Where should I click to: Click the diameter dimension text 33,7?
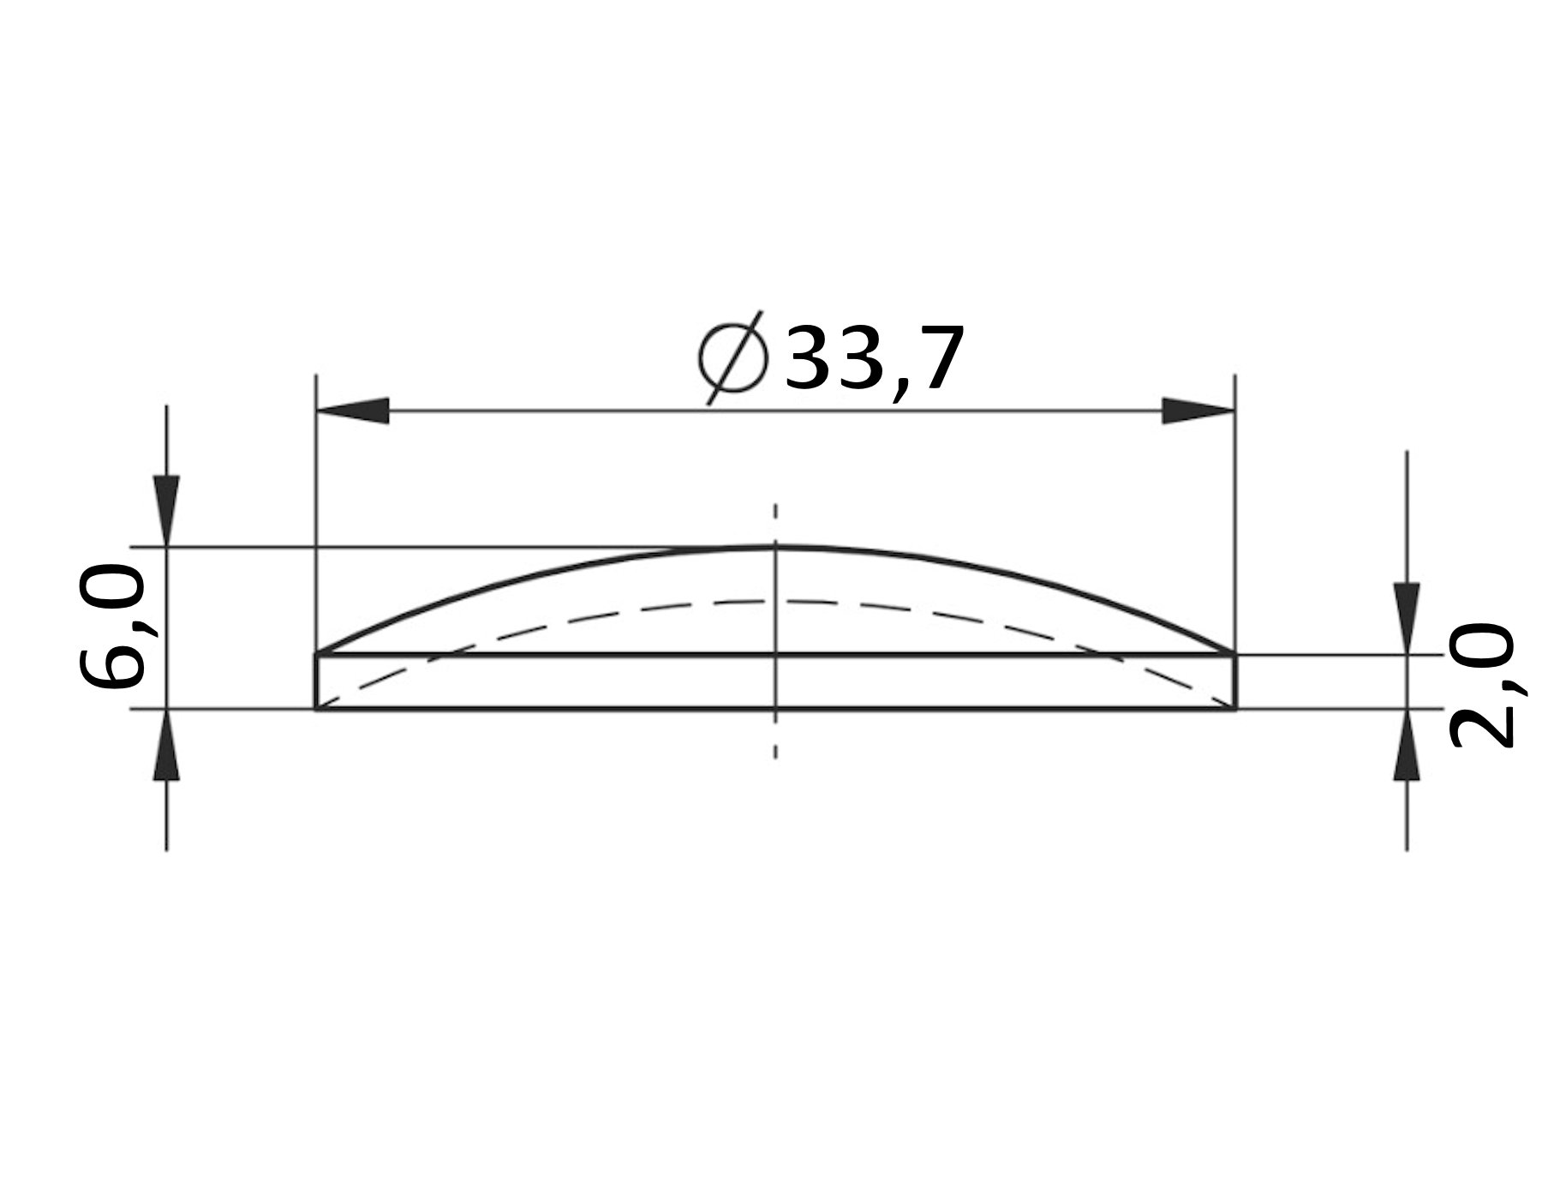874,358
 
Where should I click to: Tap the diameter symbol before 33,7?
732,358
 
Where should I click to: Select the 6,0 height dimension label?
110,628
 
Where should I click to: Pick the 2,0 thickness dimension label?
1481,686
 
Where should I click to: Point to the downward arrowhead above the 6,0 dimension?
166,509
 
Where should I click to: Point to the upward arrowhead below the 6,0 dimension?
166,746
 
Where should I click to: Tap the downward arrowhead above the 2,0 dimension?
1407,617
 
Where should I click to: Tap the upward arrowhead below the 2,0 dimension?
1407,746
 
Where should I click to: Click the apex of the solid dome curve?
775,547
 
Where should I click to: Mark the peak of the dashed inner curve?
775,601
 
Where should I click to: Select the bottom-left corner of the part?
317,709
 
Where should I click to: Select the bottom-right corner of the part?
1234,709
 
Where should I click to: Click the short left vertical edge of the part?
317,682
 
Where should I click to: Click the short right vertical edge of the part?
1234,682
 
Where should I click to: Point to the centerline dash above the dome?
775,513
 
